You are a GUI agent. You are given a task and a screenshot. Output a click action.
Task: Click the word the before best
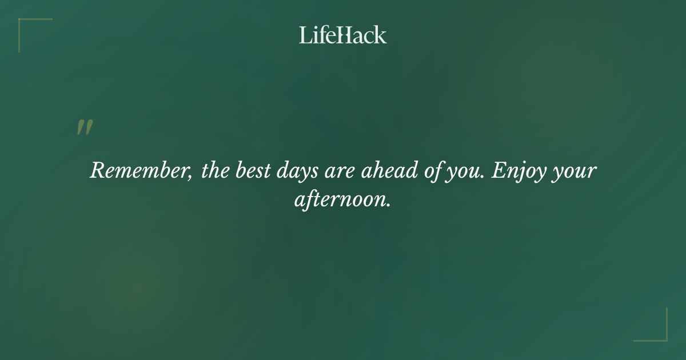tap(215, 171)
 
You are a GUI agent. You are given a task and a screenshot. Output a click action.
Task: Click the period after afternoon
tap(389, 205)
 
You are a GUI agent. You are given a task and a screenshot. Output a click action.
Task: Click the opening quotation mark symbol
tap(84, 128)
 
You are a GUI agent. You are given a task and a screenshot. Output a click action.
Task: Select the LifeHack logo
tap(343, 35)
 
